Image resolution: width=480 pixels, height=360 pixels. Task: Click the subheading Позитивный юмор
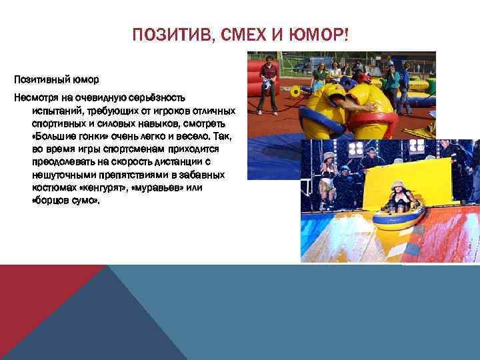[56, 79]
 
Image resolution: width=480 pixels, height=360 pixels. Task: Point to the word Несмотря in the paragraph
[37, 99]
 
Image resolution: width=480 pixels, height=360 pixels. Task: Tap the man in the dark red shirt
[269, 83]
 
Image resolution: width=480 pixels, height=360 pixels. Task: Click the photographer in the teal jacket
[392, 83]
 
